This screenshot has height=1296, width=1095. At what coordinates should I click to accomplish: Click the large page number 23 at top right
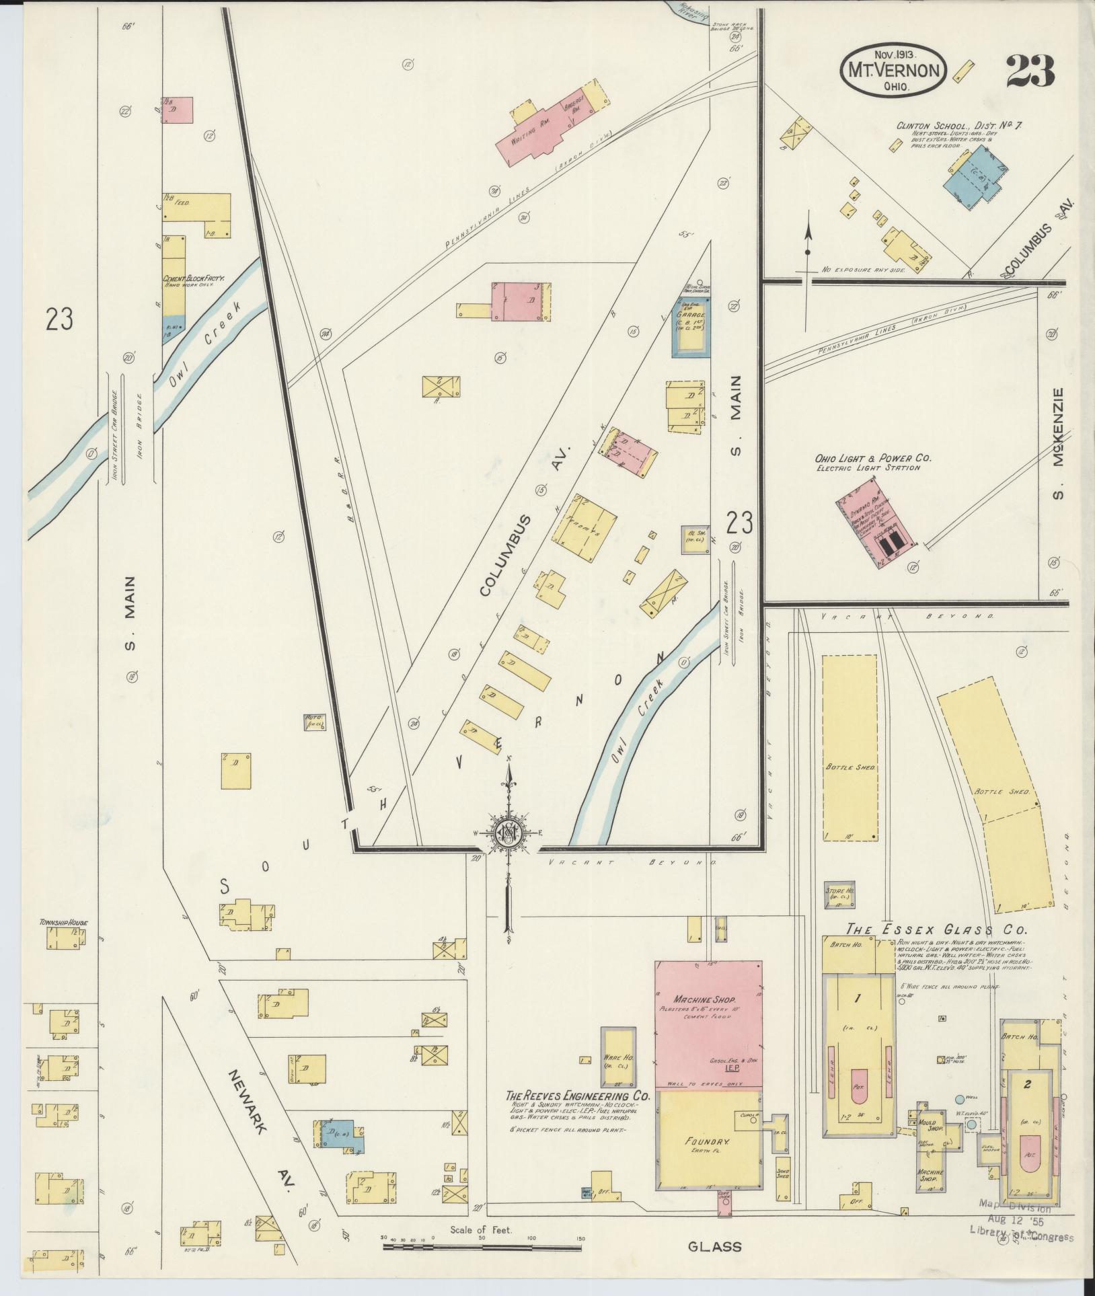[x=1030, y=71]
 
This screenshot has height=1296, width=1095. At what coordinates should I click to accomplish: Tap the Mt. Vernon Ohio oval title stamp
[x=893, y=69]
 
